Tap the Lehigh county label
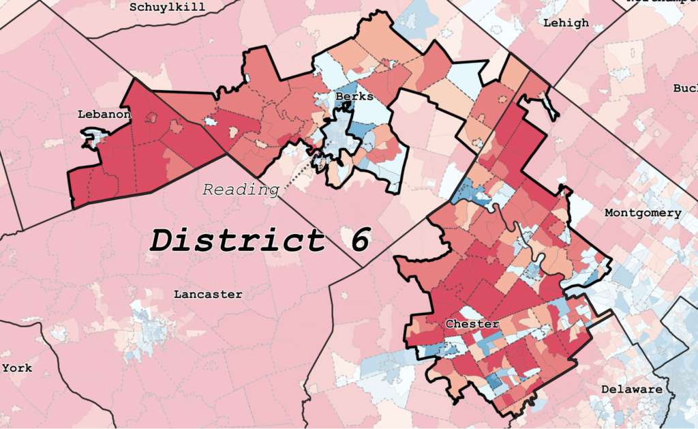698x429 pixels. pyautogui.click(x=566, y=23)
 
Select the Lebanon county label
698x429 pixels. pyautogui.click(x=104, y=114)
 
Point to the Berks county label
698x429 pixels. pyautogui.click(x=354, y=97)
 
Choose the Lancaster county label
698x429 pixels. pyautogui.click(x=208, y=295)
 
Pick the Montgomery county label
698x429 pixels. pyautogui.click(x=643, y=213)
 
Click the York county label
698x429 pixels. pyautogui.click(x=17, y=368)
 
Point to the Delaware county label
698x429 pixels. pyautogui.click(x=631, y=389)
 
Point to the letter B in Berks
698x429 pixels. pyautogui.click(x=339, y=97)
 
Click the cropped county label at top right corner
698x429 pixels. pyautogui.click(x=661, y=2)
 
